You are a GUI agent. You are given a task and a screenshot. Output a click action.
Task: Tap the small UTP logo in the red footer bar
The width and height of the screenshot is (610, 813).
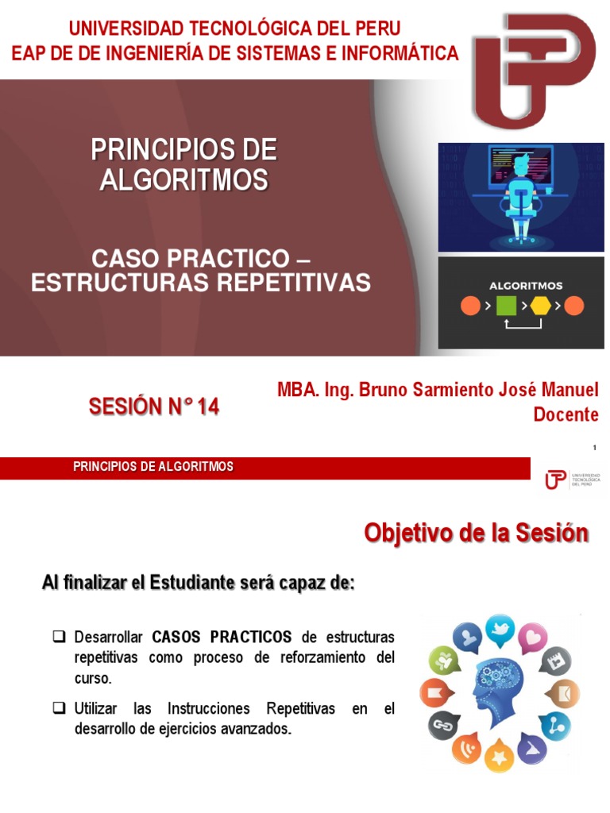(x=556, y=480)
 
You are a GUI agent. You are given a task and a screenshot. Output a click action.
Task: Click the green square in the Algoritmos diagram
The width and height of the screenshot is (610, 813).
(x=506, y=306)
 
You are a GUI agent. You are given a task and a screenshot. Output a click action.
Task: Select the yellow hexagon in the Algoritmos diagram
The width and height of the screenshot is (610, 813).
(x=541, y=306)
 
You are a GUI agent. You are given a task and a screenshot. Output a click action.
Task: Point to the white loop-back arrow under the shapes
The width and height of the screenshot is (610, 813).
(x=523, y=324)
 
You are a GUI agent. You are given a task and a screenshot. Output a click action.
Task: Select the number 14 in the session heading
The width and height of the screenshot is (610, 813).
(x=208, y=407)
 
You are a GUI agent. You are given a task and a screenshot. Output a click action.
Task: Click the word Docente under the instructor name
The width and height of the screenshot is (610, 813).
(x=566, y=414)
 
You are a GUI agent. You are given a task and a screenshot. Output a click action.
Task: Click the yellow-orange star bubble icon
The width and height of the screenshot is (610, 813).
(x=499, y=756)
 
